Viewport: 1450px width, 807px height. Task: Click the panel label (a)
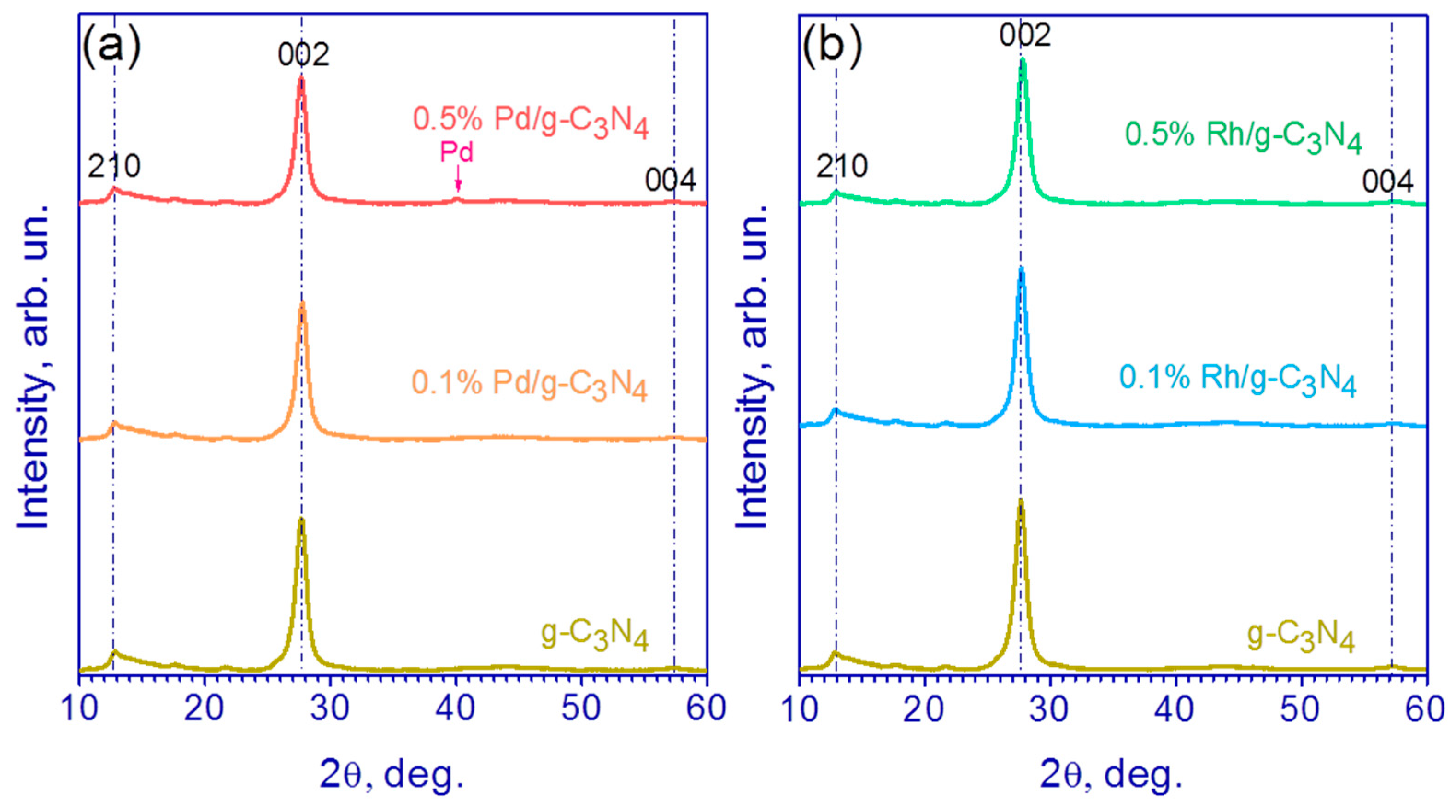(x=111, y=48)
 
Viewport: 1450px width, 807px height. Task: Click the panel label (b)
(x=832, y=48)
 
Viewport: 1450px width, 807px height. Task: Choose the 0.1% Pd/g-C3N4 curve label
(x=530, y=384)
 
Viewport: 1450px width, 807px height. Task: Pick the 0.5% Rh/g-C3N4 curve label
(x=1243, y=138)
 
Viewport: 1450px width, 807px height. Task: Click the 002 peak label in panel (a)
(x=304, y=55)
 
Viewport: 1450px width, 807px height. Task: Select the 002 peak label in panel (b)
(x=1025, y=36)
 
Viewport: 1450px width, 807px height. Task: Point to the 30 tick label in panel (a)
(x=330, y=708)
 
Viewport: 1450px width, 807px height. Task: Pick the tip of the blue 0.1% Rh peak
(x=1021, y=269)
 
